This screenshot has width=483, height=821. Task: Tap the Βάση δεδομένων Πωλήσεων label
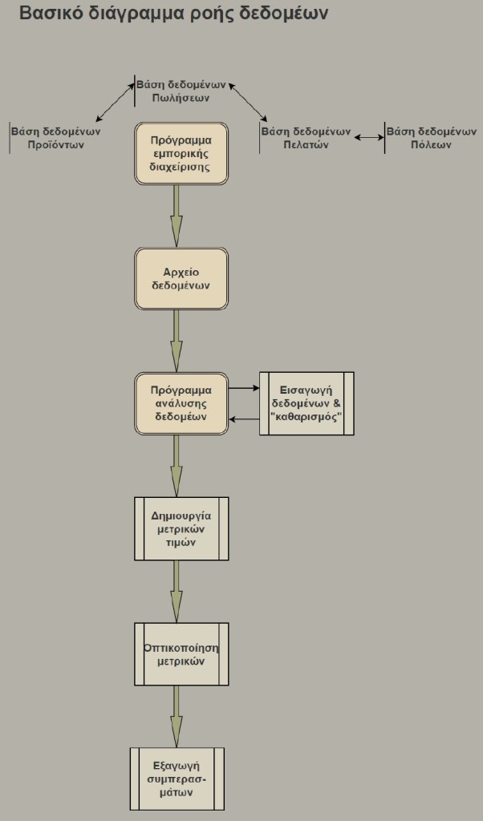point(181,91)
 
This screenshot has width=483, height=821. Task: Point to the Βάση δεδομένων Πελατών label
point(306,138)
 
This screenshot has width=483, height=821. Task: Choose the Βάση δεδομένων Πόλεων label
point(432,138)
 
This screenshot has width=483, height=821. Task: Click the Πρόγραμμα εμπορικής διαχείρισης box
point(181,153)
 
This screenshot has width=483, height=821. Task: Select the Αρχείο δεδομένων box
point(181,278)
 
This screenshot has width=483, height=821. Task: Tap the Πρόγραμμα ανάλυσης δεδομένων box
point(181,403)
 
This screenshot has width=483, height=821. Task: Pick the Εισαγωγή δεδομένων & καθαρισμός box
point(307,403)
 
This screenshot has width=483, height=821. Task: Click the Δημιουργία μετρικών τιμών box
point(181,528)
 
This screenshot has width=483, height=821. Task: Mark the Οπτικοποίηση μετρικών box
point(181,653)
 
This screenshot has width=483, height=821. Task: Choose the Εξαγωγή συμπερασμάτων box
point(177,779)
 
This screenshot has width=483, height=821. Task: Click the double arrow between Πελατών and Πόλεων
point(369,138)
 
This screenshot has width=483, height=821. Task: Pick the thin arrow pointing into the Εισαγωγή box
point(244,388)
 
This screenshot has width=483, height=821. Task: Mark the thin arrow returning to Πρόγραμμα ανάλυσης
point(244,419)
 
